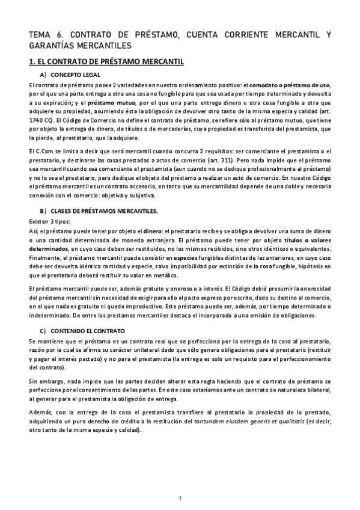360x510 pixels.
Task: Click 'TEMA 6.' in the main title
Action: (43, 35)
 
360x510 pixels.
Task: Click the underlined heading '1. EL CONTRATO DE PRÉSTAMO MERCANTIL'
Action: (106, 62)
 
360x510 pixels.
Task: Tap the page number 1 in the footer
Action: (180, 497)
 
